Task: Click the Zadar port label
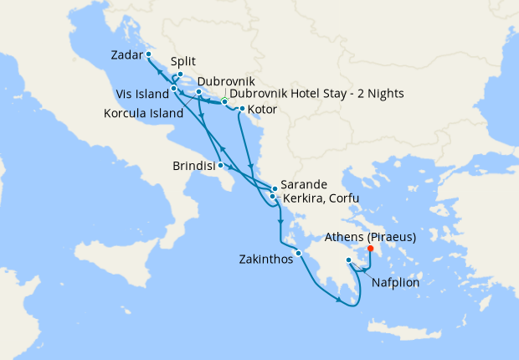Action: tap(126, 56)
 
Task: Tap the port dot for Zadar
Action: tap(149, 54)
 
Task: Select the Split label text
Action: tap(183, 62)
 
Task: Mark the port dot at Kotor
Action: tap(242, 109)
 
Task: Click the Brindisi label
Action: tap(194, 166)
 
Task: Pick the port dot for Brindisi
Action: tap(220, 165)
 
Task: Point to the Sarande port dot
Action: tap(275, 188)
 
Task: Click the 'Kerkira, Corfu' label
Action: tap(320, 198)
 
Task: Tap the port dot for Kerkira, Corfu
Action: tap(272, 197)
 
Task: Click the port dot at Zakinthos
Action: tap(297, 254)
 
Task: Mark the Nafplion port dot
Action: tap(349, 261)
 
